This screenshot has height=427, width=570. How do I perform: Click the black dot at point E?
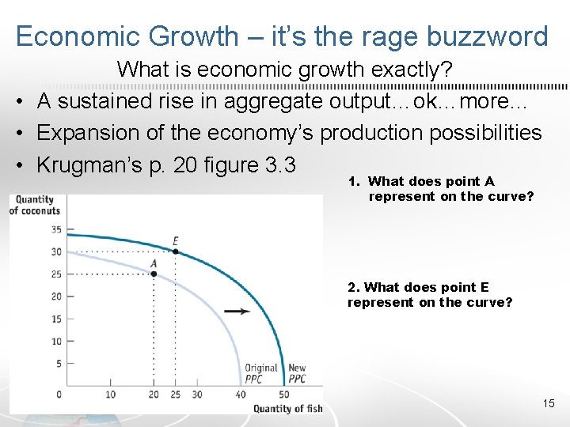pyautogui.click(x=175, y=252)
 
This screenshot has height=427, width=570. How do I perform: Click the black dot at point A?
pyautogui.click(x=154, y=274)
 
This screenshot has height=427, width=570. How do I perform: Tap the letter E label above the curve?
pyautogui.click(x=176, y=241)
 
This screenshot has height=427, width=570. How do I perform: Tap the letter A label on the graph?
pyautogui.click(x=153, y=263)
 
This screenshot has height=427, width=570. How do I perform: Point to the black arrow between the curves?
pyautogui.click(x=237, y=311)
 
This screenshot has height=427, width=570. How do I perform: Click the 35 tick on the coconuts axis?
pyautogui.click(x=55, y=229)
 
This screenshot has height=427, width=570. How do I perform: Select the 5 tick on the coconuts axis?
pyautogui.click(x=57, y=364)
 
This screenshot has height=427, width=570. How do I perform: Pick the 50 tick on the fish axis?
pyautogui.click(x=283, y=395)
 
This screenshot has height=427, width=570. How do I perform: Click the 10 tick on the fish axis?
pyautogui.click(x=110, y=395)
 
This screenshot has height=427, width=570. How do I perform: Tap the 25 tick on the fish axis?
pyautogui.click(x=175, y=395)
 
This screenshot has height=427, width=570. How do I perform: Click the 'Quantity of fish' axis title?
pyautogui.click(x=288, y=408)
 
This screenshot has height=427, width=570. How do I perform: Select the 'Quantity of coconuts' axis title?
pyautogui.click(x=35, y=205)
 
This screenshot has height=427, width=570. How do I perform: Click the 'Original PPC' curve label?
pyautogui.click(x=260, y=373)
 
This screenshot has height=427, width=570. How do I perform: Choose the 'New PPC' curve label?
pyautogui.click(x=297, y=373)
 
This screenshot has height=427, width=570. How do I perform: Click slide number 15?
pyautogui.click(x=549, y=404)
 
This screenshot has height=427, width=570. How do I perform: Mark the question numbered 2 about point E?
pyautogui.click(x=429, y=295)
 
